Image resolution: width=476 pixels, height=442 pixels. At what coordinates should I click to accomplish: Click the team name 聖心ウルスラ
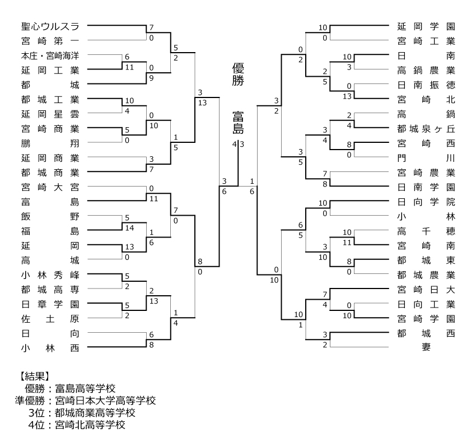50,26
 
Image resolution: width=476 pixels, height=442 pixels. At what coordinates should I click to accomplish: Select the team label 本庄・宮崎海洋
50,56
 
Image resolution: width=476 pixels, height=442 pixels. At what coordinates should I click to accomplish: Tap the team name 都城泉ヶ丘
426,128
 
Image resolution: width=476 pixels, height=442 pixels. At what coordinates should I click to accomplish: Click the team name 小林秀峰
50,274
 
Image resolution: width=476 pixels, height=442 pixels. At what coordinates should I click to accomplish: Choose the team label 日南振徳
426,85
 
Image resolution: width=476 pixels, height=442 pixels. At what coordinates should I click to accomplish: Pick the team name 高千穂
426,231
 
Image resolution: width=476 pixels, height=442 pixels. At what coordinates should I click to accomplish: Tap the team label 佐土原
50,318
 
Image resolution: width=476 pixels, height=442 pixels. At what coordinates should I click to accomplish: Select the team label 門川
426,157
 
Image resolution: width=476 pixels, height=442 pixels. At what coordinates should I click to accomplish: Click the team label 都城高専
50,289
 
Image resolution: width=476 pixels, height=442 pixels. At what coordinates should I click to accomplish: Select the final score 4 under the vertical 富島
234,145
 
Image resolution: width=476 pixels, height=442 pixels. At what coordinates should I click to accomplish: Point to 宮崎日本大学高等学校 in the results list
105,400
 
